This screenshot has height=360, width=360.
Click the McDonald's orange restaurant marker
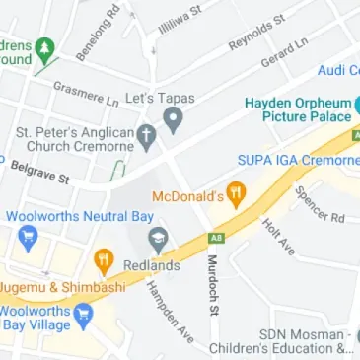235,193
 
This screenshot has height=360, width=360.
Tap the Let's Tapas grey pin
175,121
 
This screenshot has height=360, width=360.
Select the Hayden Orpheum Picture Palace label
298,108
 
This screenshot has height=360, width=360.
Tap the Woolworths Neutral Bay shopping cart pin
27,237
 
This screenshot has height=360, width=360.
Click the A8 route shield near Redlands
216,237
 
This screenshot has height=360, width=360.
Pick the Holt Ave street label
278,236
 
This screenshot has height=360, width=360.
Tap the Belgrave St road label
40,173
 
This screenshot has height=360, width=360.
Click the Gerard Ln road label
285,54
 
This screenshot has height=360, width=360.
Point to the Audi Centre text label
338,70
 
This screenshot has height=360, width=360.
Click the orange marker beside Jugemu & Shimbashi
103,260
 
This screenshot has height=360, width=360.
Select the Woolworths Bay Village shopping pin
84,316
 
